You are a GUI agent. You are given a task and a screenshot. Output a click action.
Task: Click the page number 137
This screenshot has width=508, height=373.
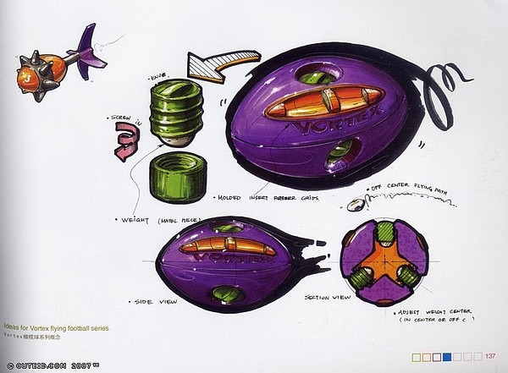[490, 354]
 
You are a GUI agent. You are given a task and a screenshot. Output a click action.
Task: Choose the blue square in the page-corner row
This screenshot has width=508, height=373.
[456, 354]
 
